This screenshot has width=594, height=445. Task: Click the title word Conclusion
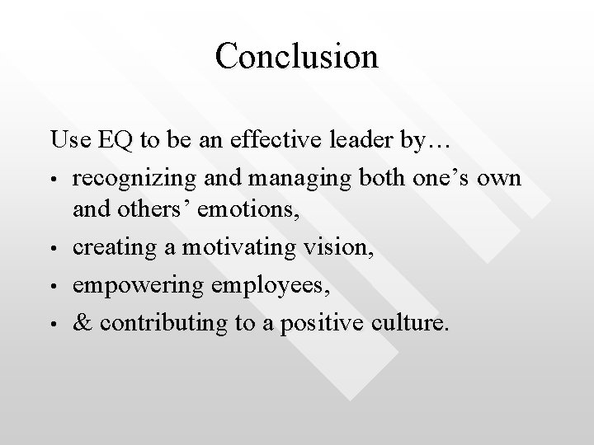(296, 57)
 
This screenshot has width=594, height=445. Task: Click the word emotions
(253, 209)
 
